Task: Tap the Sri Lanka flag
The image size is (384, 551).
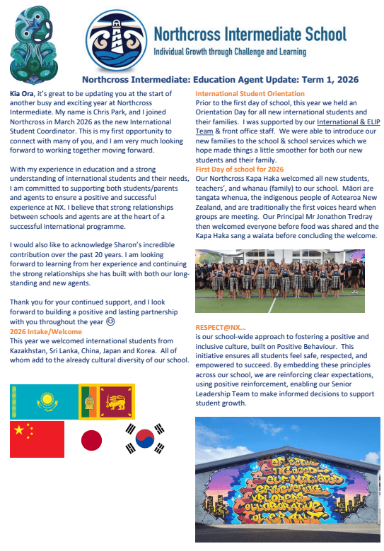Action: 106,401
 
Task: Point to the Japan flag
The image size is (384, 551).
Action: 92,439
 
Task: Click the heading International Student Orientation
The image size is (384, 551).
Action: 250,94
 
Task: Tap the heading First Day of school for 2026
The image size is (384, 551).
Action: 240,170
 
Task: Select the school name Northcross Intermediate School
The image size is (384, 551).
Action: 250,33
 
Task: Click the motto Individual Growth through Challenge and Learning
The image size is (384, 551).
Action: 230,52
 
